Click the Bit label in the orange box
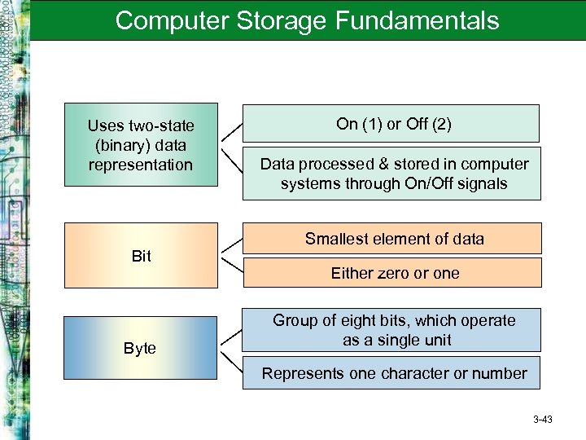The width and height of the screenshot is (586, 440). pos(142,257)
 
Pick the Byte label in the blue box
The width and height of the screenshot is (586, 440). pos(141,348)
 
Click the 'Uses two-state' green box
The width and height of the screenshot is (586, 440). pos(141,144)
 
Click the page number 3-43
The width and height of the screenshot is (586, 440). pos(542,420)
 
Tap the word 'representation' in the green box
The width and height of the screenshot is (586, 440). pos(142,165)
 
